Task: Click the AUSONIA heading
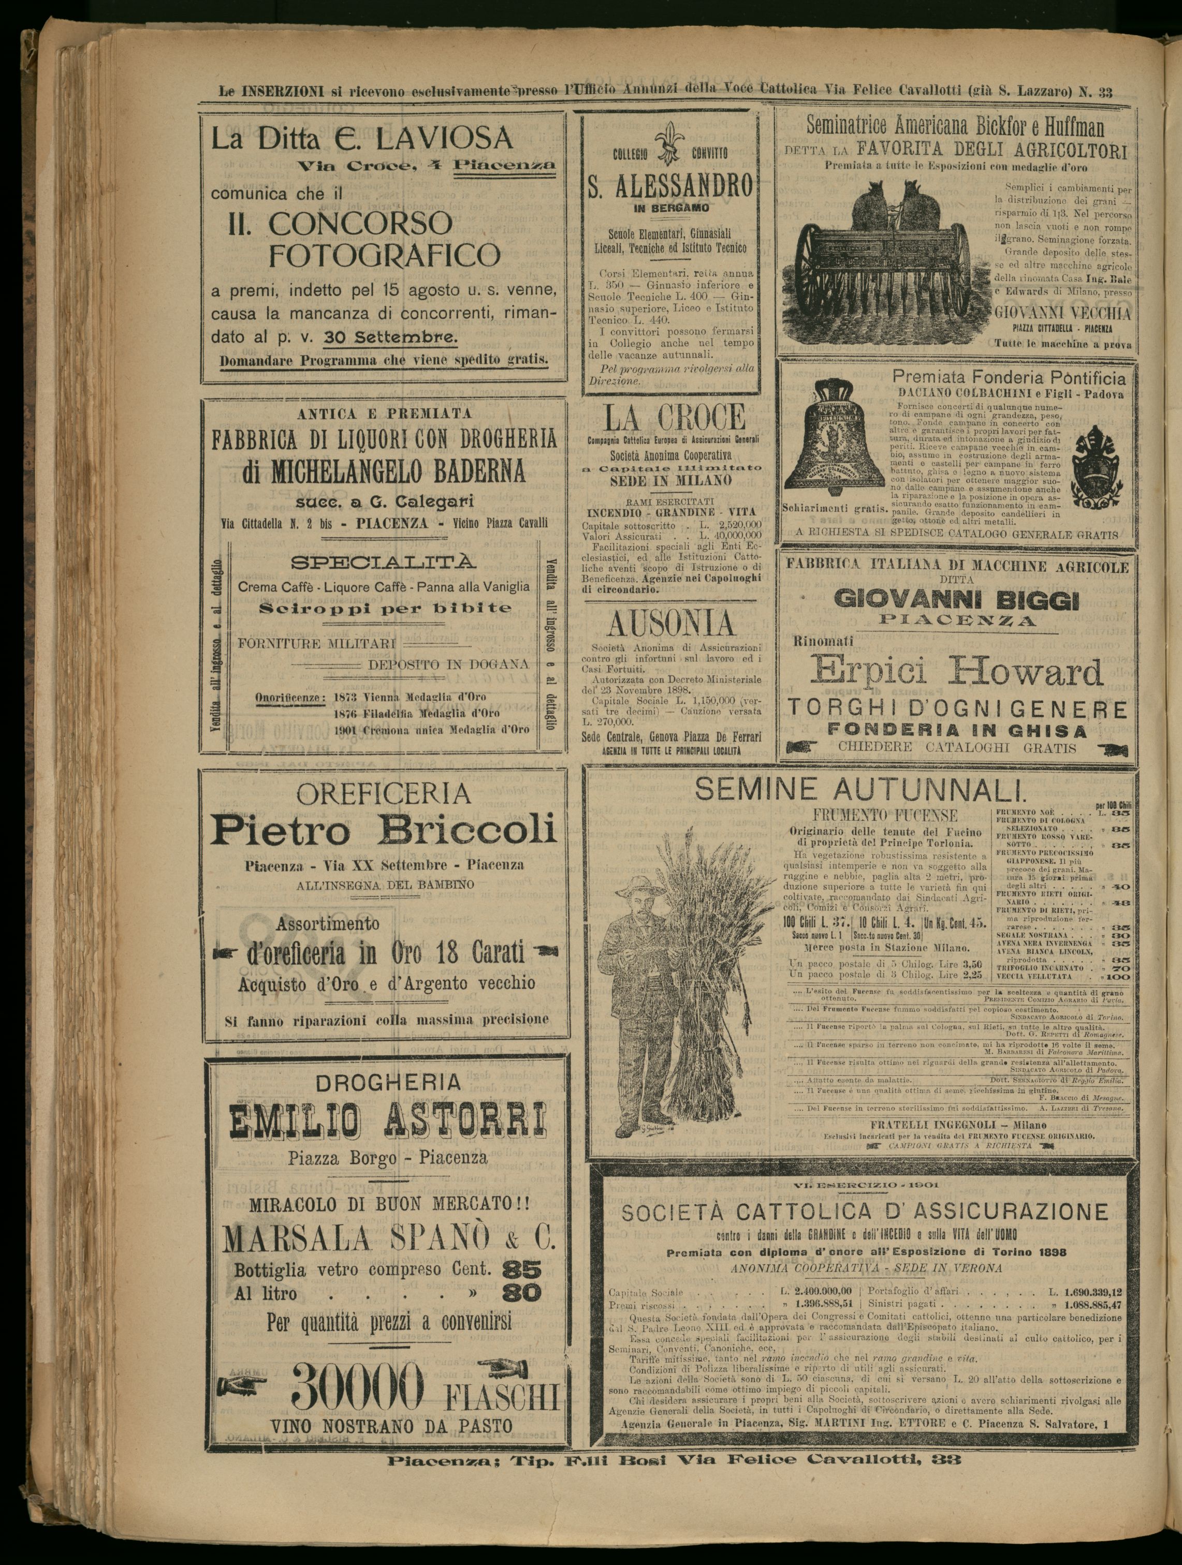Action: [670, 623]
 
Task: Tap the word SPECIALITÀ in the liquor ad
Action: [384, 563]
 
